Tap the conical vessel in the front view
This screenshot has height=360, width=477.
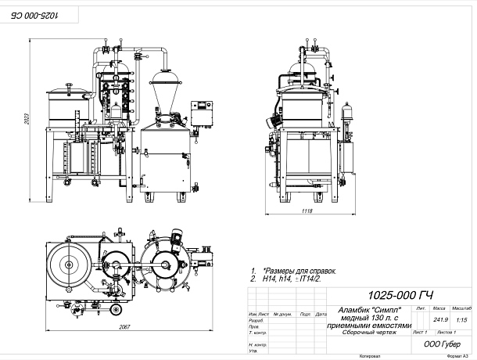pos(167,92)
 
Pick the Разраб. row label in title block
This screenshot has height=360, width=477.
pos(255,321)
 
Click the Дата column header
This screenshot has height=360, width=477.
pos(321,314)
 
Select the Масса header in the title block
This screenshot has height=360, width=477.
pos(439,309)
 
